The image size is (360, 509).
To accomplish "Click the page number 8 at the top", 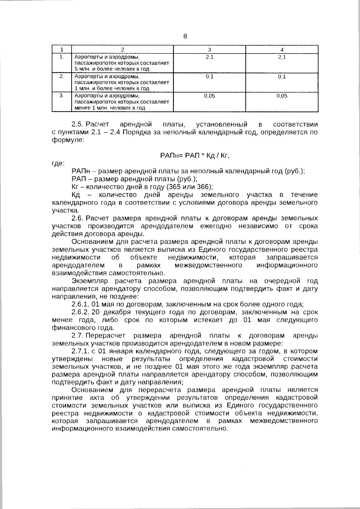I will pyautogui.click(x=185, y=37).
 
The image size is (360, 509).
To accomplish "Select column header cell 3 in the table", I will pyautogui.click(x=209, y=50).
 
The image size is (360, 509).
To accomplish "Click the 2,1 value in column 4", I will pyautogui.click(x=282, y=57).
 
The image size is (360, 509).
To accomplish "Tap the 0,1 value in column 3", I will pyautogui.click(x=209, y=76).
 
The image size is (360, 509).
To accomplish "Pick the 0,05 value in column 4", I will pyautogui.click(x=282, y=96).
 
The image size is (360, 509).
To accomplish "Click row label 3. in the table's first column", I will pyautogui.click(x=61, y=96).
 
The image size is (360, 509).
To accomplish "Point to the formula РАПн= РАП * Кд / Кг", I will pyautogui.click(x=195, y=155).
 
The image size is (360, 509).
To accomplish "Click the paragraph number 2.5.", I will pyautogui.click(x=78, y=124).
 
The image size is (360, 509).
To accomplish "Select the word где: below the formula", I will pyautogui.click(x=58, y=163).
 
